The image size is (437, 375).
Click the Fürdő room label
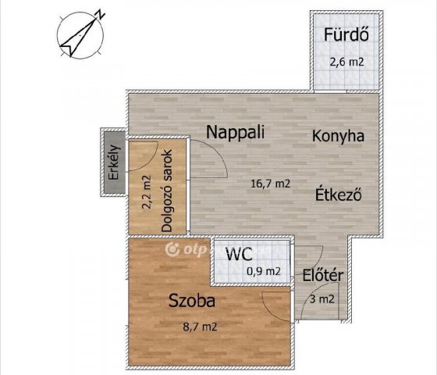(346, 34)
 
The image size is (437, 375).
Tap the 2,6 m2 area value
(347, 62)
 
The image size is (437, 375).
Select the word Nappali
(235, 132)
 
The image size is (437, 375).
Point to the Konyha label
(338, 136)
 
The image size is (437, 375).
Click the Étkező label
(339, 194)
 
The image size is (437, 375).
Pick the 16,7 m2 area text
(271, 184)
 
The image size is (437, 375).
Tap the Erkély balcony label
(114, 162)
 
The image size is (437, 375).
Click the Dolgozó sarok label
(167, 191)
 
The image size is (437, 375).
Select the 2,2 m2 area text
(147, 192)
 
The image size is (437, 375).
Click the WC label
(240, 254)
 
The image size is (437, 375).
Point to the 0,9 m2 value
(264, 271)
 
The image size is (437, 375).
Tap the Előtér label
(323, 276)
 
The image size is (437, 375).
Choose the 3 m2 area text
(322, 299)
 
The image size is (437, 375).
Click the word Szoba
(192, 301)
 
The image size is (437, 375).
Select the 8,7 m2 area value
(200, 327)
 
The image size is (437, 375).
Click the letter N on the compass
(100, 15)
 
